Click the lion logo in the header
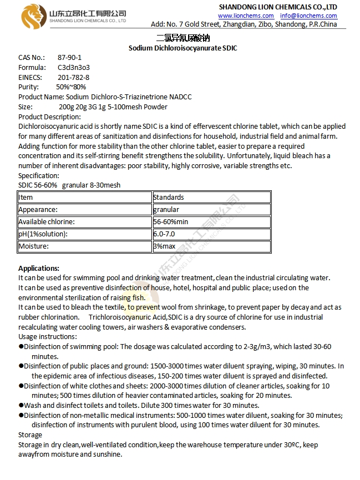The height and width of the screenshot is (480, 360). coord(32,16)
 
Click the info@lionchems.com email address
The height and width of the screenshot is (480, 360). coord(308,16)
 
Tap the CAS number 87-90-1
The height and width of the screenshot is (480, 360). coord(69,57)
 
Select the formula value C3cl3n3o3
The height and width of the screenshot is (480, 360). coord(73,67)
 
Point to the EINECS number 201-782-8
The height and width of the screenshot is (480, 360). coord(73,77)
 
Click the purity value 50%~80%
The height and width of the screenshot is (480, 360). coord(71,87)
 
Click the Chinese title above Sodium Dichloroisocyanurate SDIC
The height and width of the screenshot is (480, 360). coord(183,38)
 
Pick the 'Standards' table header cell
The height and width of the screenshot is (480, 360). coord(169,197)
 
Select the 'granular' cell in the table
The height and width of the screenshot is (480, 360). coord(166,209)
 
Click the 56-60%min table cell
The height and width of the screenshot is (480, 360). coord(171,222)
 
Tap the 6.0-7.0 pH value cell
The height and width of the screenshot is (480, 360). coord(164,234)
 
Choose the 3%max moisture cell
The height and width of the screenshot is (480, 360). coord(164,246)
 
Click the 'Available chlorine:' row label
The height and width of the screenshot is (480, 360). coord(47,222)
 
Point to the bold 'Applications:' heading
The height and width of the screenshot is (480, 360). coord(39,268)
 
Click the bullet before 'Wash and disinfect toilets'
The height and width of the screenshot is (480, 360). coord(21,406)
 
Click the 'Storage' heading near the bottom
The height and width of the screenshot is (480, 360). coord(30,435)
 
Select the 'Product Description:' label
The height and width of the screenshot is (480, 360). coord(49,117)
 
